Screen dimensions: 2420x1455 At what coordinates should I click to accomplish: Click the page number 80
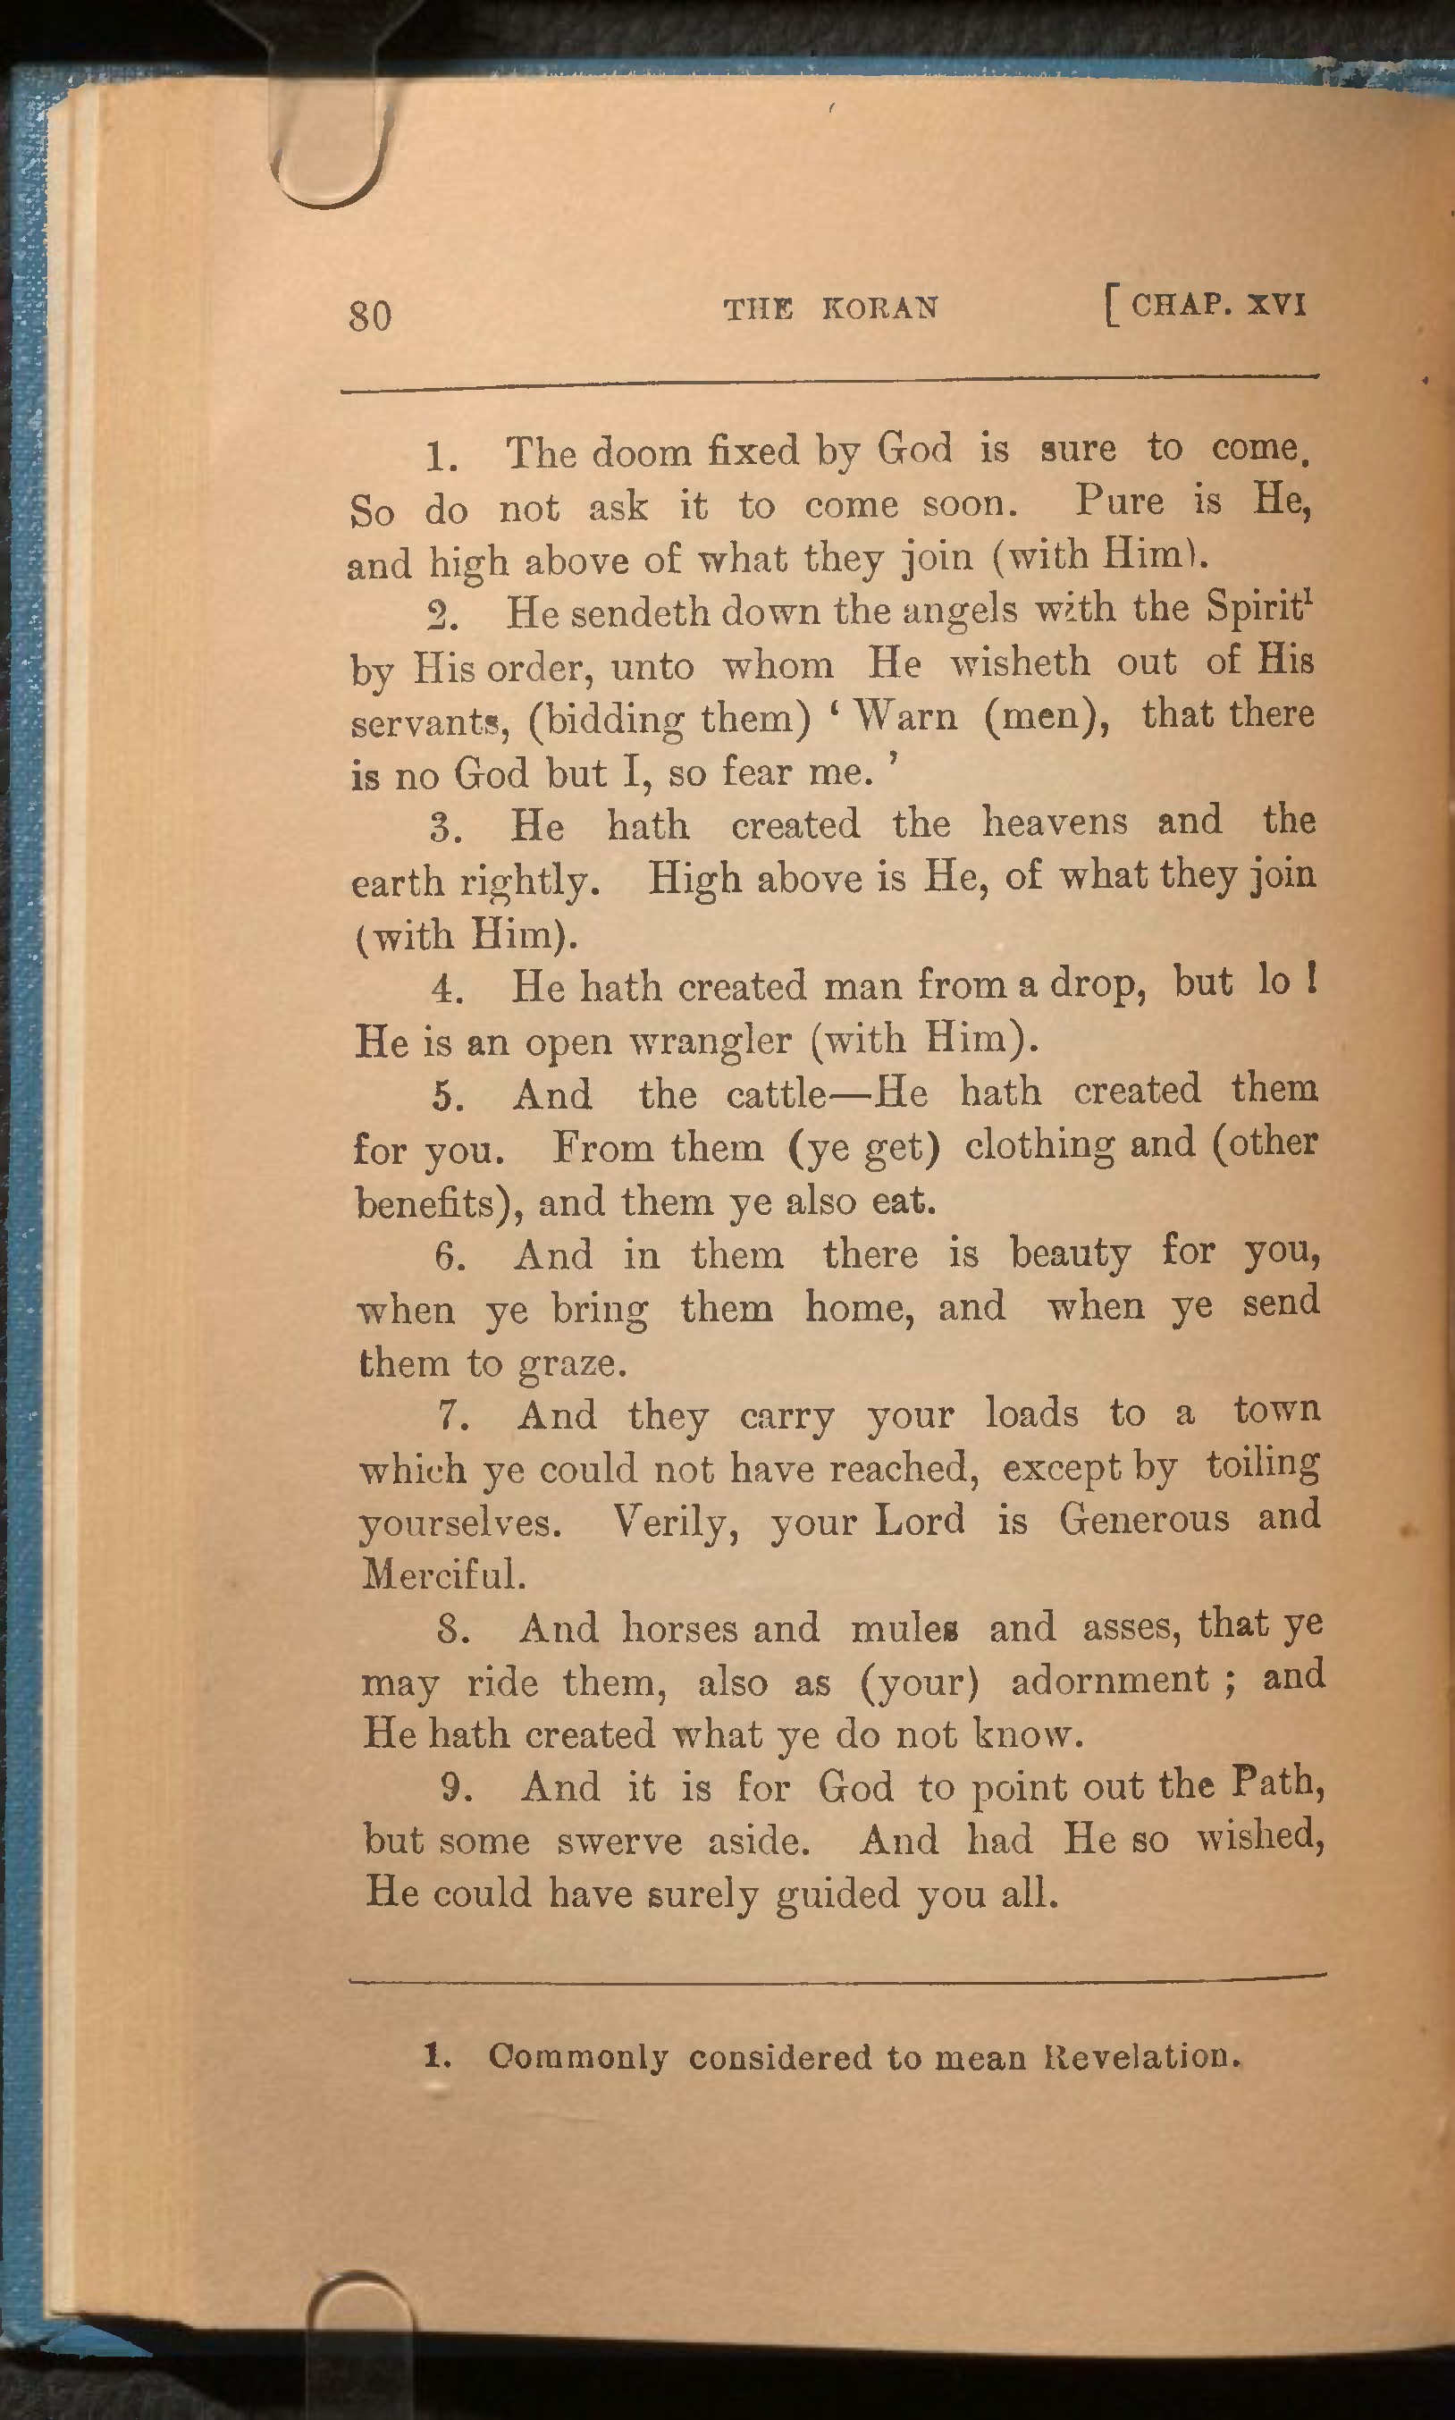tap(370, 316)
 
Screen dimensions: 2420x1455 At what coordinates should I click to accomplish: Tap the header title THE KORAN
tap(830, 309)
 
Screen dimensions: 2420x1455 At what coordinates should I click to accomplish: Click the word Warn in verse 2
tap(904, 716)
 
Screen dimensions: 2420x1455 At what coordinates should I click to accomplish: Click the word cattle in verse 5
tap(777, 1093)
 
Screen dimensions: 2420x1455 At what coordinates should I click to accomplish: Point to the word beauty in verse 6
tap(1070, 1254)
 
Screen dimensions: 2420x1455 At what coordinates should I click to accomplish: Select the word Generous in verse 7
tap(1143, 1519)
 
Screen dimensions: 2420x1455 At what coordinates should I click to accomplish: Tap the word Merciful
tap(443, 1573)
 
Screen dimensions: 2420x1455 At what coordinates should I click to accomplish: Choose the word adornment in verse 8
tap(1109, 1681)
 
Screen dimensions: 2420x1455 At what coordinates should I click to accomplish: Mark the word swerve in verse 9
tap(618, 1841)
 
